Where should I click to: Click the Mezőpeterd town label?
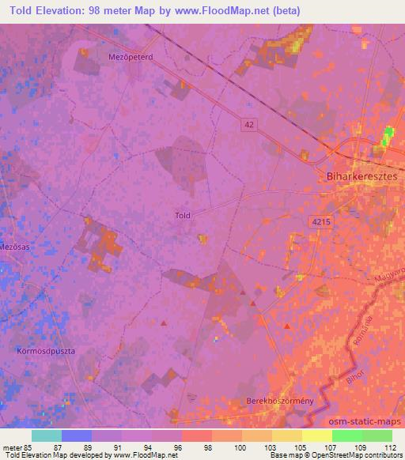[130, 57]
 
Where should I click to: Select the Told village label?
[183, 214]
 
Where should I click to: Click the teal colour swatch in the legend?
[47, 435]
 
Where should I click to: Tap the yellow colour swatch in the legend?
[317, 435]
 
